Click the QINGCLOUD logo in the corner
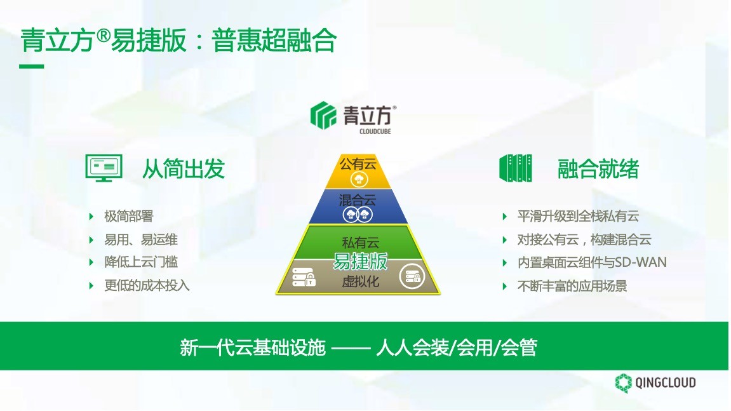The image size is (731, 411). [655, 383]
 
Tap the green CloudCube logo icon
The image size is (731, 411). [323, 115]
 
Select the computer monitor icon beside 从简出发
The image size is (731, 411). [104, 168]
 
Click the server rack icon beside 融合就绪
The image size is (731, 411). [516, 168]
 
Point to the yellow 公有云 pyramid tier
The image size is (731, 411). [358, 172]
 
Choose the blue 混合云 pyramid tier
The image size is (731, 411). [358, 206]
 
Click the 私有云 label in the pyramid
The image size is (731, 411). [360, 243]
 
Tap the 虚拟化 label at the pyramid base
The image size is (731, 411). [360, 281]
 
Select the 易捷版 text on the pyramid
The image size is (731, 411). [360, 261]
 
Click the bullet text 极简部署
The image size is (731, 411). [129, 217]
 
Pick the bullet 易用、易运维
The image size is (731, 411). [141, 239]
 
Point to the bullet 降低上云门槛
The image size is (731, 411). [141, 262]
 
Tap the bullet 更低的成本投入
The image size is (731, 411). [147, 285]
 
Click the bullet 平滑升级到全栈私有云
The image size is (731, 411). [578, 217]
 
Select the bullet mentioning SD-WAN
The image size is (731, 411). [592, 262]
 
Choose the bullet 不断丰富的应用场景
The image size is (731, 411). [572, 286]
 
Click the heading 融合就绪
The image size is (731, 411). [598, 169]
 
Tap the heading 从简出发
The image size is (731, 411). [183, 169]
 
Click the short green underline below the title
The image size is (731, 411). [31, 67]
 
